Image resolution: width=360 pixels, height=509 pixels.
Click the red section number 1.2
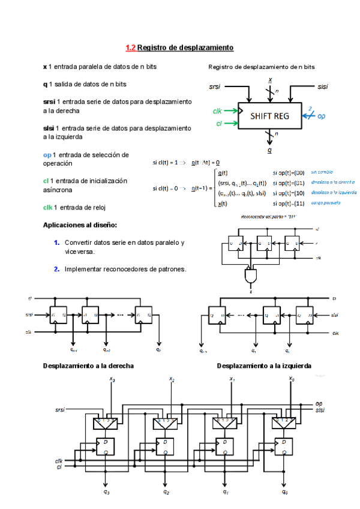[130, 47]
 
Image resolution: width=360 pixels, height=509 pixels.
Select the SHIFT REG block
[269, 116]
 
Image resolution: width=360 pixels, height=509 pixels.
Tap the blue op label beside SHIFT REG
[322, 116]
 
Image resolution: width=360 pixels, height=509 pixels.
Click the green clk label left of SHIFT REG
[218, 111]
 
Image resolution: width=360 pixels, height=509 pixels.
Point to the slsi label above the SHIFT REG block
[323, 87]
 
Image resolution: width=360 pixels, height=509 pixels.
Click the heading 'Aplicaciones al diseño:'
[80, 225]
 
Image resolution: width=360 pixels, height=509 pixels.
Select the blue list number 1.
[56, 242]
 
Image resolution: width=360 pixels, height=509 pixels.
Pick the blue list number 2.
[56, 269]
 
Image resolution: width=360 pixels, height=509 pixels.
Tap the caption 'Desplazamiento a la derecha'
[88, 366]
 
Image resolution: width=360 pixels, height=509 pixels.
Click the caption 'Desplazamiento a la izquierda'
[264, 366]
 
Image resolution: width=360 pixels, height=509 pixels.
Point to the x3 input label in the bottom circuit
[112, 379]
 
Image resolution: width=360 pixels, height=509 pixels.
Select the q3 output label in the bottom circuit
[106, 492]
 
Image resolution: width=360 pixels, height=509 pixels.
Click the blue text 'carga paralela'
[326, 203]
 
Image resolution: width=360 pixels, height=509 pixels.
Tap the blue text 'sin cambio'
[322, 172]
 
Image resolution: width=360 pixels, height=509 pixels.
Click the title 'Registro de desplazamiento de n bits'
[261, 67]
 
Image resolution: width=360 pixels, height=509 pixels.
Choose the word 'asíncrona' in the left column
[58, 190]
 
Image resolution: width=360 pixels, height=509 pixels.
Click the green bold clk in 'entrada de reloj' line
[47, 207]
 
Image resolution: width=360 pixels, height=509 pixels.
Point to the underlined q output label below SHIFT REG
[269, 151]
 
